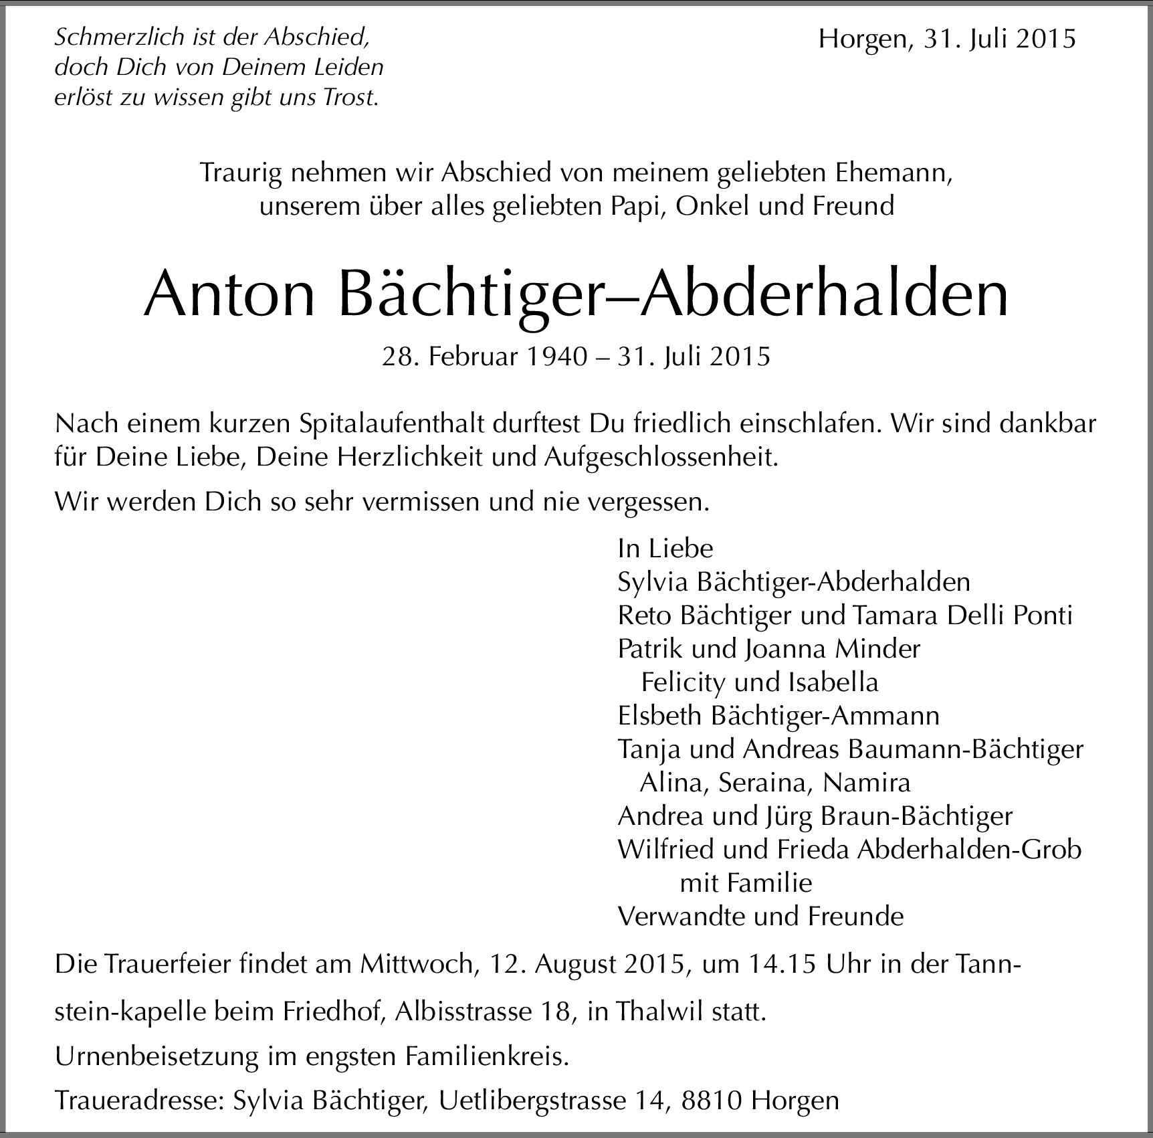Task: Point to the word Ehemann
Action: coord(894,173)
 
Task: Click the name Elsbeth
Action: coord(659,716)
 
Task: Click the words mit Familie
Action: coord(746,883)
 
